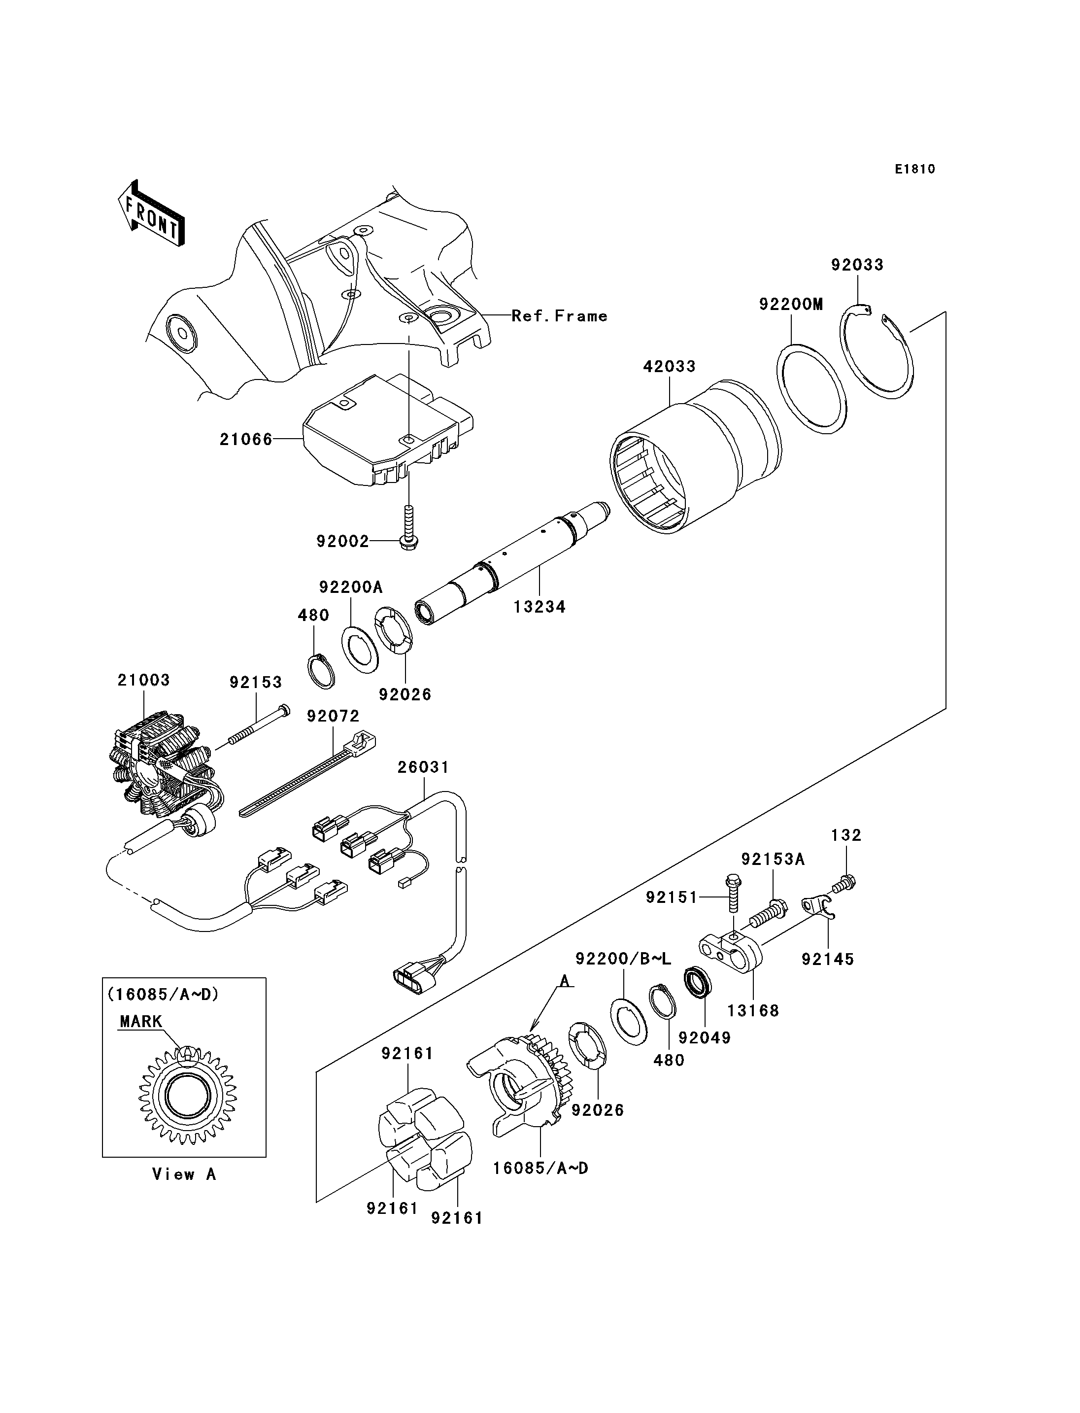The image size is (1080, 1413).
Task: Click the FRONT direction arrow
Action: tap(152, 212)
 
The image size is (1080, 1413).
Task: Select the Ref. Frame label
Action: tap(559, 316)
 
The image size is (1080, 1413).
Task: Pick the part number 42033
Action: tap(669, 367)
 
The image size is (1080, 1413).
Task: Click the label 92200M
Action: tap(791, 304)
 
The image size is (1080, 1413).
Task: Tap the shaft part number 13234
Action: tap(540, 607)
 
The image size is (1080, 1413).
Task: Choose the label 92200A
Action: tap(350, 586)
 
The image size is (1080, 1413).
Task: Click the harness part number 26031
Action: tap(423, 767)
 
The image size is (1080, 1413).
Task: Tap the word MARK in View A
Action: tap(141, 1021)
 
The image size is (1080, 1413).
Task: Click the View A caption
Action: tap(184, 1174)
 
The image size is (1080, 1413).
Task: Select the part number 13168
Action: tap(753, 1010)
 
